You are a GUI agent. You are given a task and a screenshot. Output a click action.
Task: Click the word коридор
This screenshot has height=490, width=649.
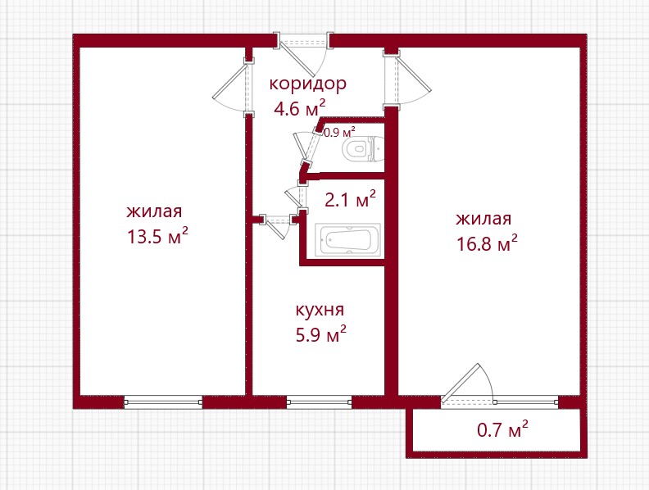(307, 84)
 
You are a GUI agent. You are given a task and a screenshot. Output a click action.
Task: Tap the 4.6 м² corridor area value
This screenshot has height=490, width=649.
(300, 108)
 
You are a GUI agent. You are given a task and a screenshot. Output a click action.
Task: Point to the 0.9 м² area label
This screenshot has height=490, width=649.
(339, 133)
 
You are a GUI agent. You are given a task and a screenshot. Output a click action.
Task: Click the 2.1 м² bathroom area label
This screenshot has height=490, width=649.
(350, 199)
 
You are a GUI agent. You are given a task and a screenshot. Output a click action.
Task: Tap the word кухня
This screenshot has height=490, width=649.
(320, 310)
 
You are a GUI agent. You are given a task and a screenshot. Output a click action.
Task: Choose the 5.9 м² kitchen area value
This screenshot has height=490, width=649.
(320, 334)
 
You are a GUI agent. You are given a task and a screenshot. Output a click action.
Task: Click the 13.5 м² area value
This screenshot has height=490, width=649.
(157, 236)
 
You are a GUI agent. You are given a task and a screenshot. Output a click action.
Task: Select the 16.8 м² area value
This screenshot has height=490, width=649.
(487, 243)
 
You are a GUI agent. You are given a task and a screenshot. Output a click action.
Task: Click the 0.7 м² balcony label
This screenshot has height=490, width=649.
(502, 429)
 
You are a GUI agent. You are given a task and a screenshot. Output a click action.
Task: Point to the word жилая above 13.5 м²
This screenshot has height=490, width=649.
(154, 211)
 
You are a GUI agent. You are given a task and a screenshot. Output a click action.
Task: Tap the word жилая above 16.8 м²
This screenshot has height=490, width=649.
(483, 219)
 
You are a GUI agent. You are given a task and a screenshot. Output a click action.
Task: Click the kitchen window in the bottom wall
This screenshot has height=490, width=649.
(319, 402)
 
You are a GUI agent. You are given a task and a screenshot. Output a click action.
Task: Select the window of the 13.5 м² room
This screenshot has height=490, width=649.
(164, 402)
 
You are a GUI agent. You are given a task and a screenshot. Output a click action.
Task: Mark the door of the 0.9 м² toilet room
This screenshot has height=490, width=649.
(306, 147)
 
